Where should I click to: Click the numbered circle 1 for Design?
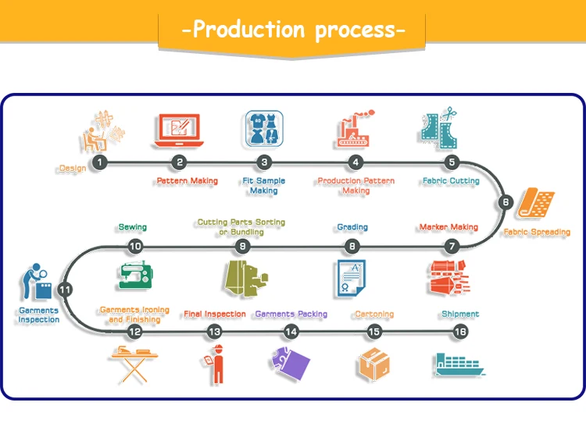click(x=99, y=162)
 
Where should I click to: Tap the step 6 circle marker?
click(x=506, y=202)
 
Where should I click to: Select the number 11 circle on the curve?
click(x=65, y=290)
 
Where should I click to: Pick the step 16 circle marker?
click(x=460, y=331)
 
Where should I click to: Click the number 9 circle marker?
click(x=242, y=246)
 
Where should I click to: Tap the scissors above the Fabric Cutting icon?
click(x=449, y=113)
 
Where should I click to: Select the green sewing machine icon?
click(x=136, y=276)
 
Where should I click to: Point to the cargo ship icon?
click(x=459, y=365)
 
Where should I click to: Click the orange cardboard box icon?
click(x=374, y=364)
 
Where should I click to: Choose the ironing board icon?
click(x=134, y=364)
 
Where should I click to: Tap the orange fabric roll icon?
click(x=536, y=203)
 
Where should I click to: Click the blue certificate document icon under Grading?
click(x=351, y=279)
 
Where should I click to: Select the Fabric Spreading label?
click(x=537, y=232)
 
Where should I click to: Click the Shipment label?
click(x=460, y=314)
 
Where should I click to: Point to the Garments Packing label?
click(x=291, y=314)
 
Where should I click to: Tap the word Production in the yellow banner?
click(x=248, y=29)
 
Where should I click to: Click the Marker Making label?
click(x=448, y=226)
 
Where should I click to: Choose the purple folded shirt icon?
click(x=290, y=363)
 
